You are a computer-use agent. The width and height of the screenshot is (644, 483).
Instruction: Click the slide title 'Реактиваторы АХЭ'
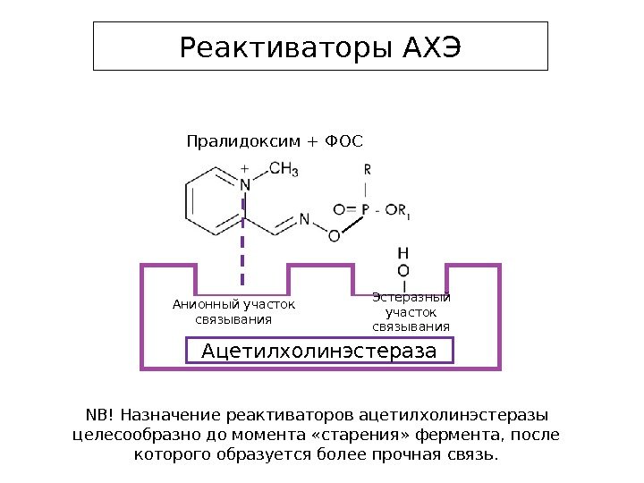pyautogui.click(x=320, y=47)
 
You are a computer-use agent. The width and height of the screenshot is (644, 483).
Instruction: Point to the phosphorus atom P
pyautogui.click(x=365, y=210)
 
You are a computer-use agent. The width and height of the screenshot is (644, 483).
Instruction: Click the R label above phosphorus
pyautogui.click(x=367, y=168)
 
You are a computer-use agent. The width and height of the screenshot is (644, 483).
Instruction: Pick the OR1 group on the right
pyautogui.click(x=399, y=212)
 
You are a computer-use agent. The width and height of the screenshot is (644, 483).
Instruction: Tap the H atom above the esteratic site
pyautogui.click(x=402, y=253)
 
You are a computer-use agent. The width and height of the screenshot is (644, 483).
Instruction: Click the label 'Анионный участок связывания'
pyautogui.click(x=233, y=312)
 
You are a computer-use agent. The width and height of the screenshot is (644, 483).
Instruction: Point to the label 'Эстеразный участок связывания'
pyautogui.click(x=411, y=312)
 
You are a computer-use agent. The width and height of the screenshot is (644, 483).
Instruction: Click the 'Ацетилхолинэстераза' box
pyautogui.click(x=319, y=350)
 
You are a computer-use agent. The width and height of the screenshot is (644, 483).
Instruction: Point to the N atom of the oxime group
pyautogui.click(x=304, y=218)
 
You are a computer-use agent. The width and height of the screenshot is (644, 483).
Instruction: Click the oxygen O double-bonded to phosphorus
pyautogui.click(x=339, y=210)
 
